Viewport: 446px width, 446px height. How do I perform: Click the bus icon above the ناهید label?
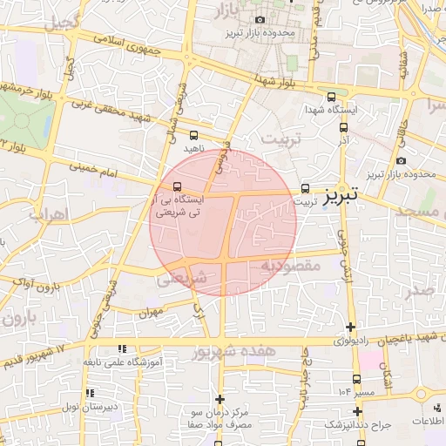pos(193,135)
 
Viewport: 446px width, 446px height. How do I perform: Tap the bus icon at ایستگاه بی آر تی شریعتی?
pos(178,186)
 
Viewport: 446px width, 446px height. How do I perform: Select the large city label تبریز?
pos(341,196)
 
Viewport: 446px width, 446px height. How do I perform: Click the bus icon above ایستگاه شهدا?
pos(330,98)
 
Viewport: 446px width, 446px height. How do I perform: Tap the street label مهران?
pos(149,310)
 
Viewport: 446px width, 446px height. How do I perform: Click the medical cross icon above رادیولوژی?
pos(350,328)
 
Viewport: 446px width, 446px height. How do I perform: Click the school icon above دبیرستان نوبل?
pos(90,393)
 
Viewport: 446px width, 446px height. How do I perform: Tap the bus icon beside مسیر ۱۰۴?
pos(358,391)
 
